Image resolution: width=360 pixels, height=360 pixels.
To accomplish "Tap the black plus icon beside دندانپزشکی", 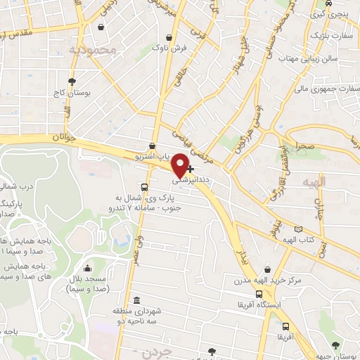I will (x=190, y=169).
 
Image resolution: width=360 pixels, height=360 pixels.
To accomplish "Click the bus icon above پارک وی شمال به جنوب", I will (x=144, y=187).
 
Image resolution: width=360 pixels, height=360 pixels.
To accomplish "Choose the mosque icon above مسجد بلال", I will (x=87, y=268).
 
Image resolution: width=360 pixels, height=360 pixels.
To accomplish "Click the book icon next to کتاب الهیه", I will (x=299, y=229).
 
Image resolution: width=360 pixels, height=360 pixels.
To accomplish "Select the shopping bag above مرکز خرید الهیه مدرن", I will (x=266, y=270).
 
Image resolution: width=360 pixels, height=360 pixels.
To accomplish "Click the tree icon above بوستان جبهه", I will (x=335, y=345).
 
